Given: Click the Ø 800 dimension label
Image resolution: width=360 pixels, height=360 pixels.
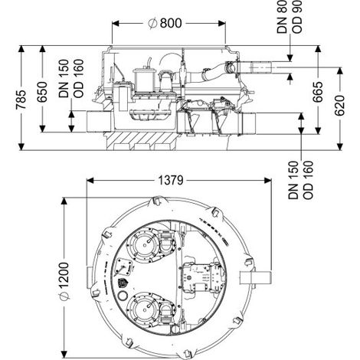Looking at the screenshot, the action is point(165,23).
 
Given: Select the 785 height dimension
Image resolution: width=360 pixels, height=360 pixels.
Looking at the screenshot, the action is point(21,100).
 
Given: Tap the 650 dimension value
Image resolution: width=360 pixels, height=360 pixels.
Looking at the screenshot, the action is point(42,92).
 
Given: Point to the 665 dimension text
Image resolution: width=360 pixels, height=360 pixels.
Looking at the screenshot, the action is point(318,92).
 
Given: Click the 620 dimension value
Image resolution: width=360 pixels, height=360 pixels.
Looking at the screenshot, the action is point(339,105).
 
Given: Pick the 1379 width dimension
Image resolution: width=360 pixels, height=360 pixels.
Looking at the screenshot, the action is point(171,181).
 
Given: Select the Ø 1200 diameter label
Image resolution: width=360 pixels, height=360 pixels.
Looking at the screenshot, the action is point(64,281).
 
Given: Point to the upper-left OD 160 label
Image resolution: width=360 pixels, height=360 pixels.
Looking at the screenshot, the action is point(78,78).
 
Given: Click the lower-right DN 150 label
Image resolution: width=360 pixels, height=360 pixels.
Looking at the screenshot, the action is point(293,180).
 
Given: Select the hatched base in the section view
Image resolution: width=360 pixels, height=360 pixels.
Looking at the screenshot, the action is point(140,140).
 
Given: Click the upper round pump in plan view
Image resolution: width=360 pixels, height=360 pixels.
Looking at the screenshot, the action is point(145,245).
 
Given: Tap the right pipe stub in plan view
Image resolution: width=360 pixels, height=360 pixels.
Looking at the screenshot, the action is point(255,277).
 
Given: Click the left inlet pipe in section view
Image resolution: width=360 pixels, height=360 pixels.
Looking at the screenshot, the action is point(99,122).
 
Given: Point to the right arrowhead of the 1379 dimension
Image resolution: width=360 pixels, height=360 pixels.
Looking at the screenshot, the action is point(268,181).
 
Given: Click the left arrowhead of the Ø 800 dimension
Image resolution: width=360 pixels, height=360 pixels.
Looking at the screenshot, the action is point(116,24).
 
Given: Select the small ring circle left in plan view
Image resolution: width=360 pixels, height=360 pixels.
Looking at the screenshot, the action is point(123,296).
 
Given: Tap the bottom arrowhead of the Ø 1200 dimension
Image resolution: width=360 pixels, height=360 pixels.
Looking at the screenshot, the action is point(64,354).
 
